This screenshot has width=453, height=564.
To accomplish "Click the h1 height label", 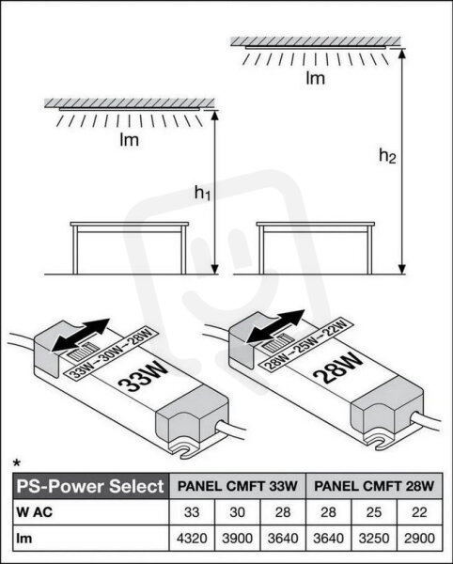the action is pos(202,193).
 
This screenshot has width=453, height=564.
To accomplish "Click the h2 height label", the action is pos(387,156).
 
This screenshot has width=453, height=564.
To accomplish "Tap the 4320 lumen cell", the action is pos(192,539).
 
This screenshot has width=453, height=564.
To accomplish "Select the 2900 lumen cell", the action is pos(419,539).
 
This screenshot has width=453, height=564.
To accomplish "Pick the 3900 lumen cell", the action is pos(237,539).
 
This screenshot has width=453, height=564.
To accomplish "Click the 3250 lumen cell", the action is pos(374,539).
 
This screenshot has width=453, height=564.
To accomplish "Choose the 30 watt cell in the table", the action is pos(237,512).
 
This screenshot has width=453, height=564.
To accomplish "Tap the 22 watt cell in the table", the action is pos(419,512).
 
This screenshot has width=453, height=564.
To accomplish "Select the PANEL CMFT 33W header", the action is pos(237,486).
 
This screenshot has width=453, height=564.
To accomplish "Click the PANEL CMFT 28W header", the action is pos(374,486).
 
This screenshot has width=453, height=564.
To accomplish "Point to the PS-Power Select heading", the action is pos(90,486).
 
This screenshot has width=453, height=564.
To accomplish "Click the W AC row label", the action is pos(35,512).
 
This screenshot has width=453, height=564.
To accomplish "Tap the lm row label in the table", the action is pos(23,539).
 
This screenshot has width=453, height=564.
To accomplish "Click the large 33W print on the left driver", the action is pos(143,377).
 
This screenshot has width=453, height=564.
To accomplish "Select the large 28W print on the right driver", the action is pos(338,368).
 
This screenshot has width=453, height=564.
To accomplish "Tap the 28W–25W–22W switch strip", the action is pos(306,345).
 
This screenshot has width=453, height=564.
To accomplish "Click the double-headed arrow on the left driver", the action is pos(81,335).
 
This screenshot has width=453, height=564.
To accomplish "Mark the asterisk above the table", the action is pos(17,462).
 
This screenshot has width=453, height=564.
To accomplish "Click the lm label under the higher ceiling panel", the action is pos(315,78).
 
